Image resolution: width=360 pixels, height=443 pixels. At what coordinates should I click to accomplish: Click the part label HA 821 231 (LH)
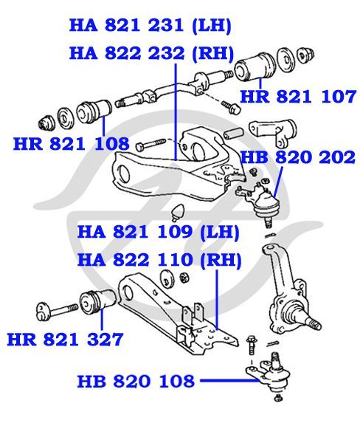point(150,25)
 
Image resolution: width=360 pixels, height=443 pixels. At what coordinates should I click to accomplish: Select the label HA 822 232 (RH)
point(152,53)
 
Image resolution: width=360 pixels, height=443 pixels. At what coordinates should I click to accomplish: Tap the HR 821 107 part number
point(298,97)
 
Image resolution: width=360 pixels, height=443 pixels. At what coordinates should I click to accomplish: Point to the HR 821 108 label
point(71,144)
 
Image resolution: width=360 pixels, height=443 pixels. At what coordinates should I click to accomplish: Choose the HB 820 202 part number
point(297,157)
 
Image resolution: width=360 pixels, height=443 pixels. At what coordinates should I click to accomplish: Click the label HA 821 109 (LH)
point(159,232)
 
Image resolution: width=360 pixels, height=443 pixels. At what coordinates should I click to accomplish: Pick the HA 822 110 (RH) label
point(159,259)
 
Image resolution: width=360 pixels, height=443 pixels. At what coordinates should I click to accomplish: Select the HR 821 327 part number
point(65,340)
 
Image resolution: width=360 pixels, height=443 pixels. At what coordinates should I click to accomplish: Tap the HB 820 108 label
point(136,381)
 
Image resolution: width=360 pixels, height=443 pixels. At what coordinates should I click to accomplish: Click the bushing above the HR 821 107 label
point(255,67)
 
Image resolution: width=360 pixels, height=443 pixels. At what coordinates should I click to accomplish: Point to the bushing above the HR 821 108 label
point(94,112)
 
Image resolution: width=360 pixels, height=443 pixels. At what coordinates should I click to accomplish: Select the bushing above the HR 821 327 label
point(98,301)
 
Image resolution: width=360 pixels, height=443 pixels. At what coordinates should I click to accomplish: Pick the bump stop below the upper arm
point(178,211)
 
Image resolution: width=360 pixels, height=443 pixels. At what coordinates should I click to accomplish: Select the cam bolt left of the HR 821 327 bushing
point(57,311)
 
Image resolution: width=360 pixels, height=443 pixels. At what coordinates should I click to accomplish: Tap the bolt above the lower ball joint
point(251,344)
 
